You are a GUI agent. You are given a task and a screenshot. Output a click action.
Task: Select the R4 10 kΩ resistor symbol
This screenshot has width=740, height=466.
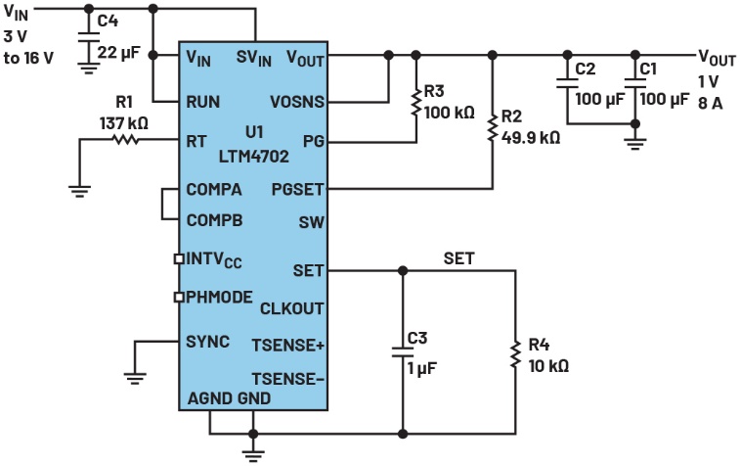tap(514, 355)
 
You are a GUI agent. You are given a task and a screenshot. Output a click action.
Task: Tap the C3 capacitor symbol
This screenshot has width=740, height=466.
tap(402, 351)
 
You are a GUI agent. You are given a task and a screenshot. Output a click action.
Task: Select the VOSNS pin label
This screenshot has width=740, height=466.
tap(297, 101)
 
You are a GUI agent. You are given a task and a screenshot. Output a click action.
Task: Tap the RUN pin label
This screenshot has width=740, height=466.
tap(202, 101)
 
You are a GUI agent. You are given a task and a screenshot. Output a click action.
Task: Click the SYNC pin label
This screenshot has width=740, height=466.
tap(207, 341)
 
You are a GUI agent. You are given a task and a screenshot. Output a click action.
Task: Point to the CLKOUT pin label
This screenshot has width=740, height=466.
tap(292, 308)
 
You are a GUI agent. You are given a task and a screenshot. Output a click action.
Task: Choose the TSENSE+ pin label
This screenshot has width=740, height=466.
tap(288, 344)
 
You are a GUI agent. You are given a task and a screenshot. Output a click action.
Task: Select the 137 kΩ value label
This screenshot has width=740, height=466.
tap(124, 123)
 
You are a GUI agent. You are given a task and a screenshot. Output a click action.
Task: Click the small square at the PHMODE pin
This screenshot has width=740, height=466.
tap(178, 297)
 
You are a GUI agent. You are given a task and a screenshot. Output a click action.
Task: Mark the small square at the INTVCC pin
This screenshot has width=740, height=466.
tap(178, 259)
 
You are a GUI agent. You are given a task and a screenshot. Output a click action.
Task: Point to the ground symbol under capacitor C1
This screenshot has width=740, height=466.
tap(636, 143)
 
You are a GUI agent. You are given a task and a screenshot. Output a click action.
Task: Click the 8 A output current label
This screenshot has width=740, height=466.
tap(710, 103)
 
